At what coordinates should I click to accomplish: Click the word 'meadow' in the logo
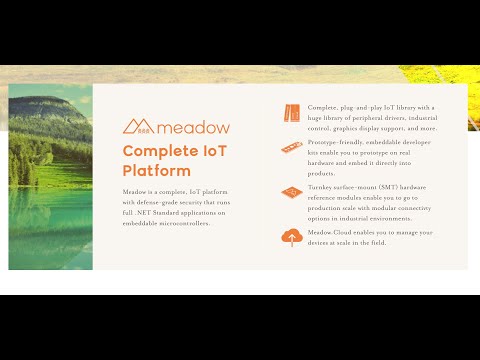192,127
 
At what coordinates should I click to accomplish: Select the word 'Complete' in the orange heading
158,151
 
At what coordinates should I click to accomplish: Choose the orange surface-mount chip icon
292,191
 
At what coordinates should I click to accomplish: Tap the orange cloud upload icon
292,237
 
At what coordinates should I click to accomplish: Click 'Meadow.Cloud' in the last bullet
331,232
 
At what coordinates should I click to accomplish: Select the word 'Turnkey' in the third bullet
324,187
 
